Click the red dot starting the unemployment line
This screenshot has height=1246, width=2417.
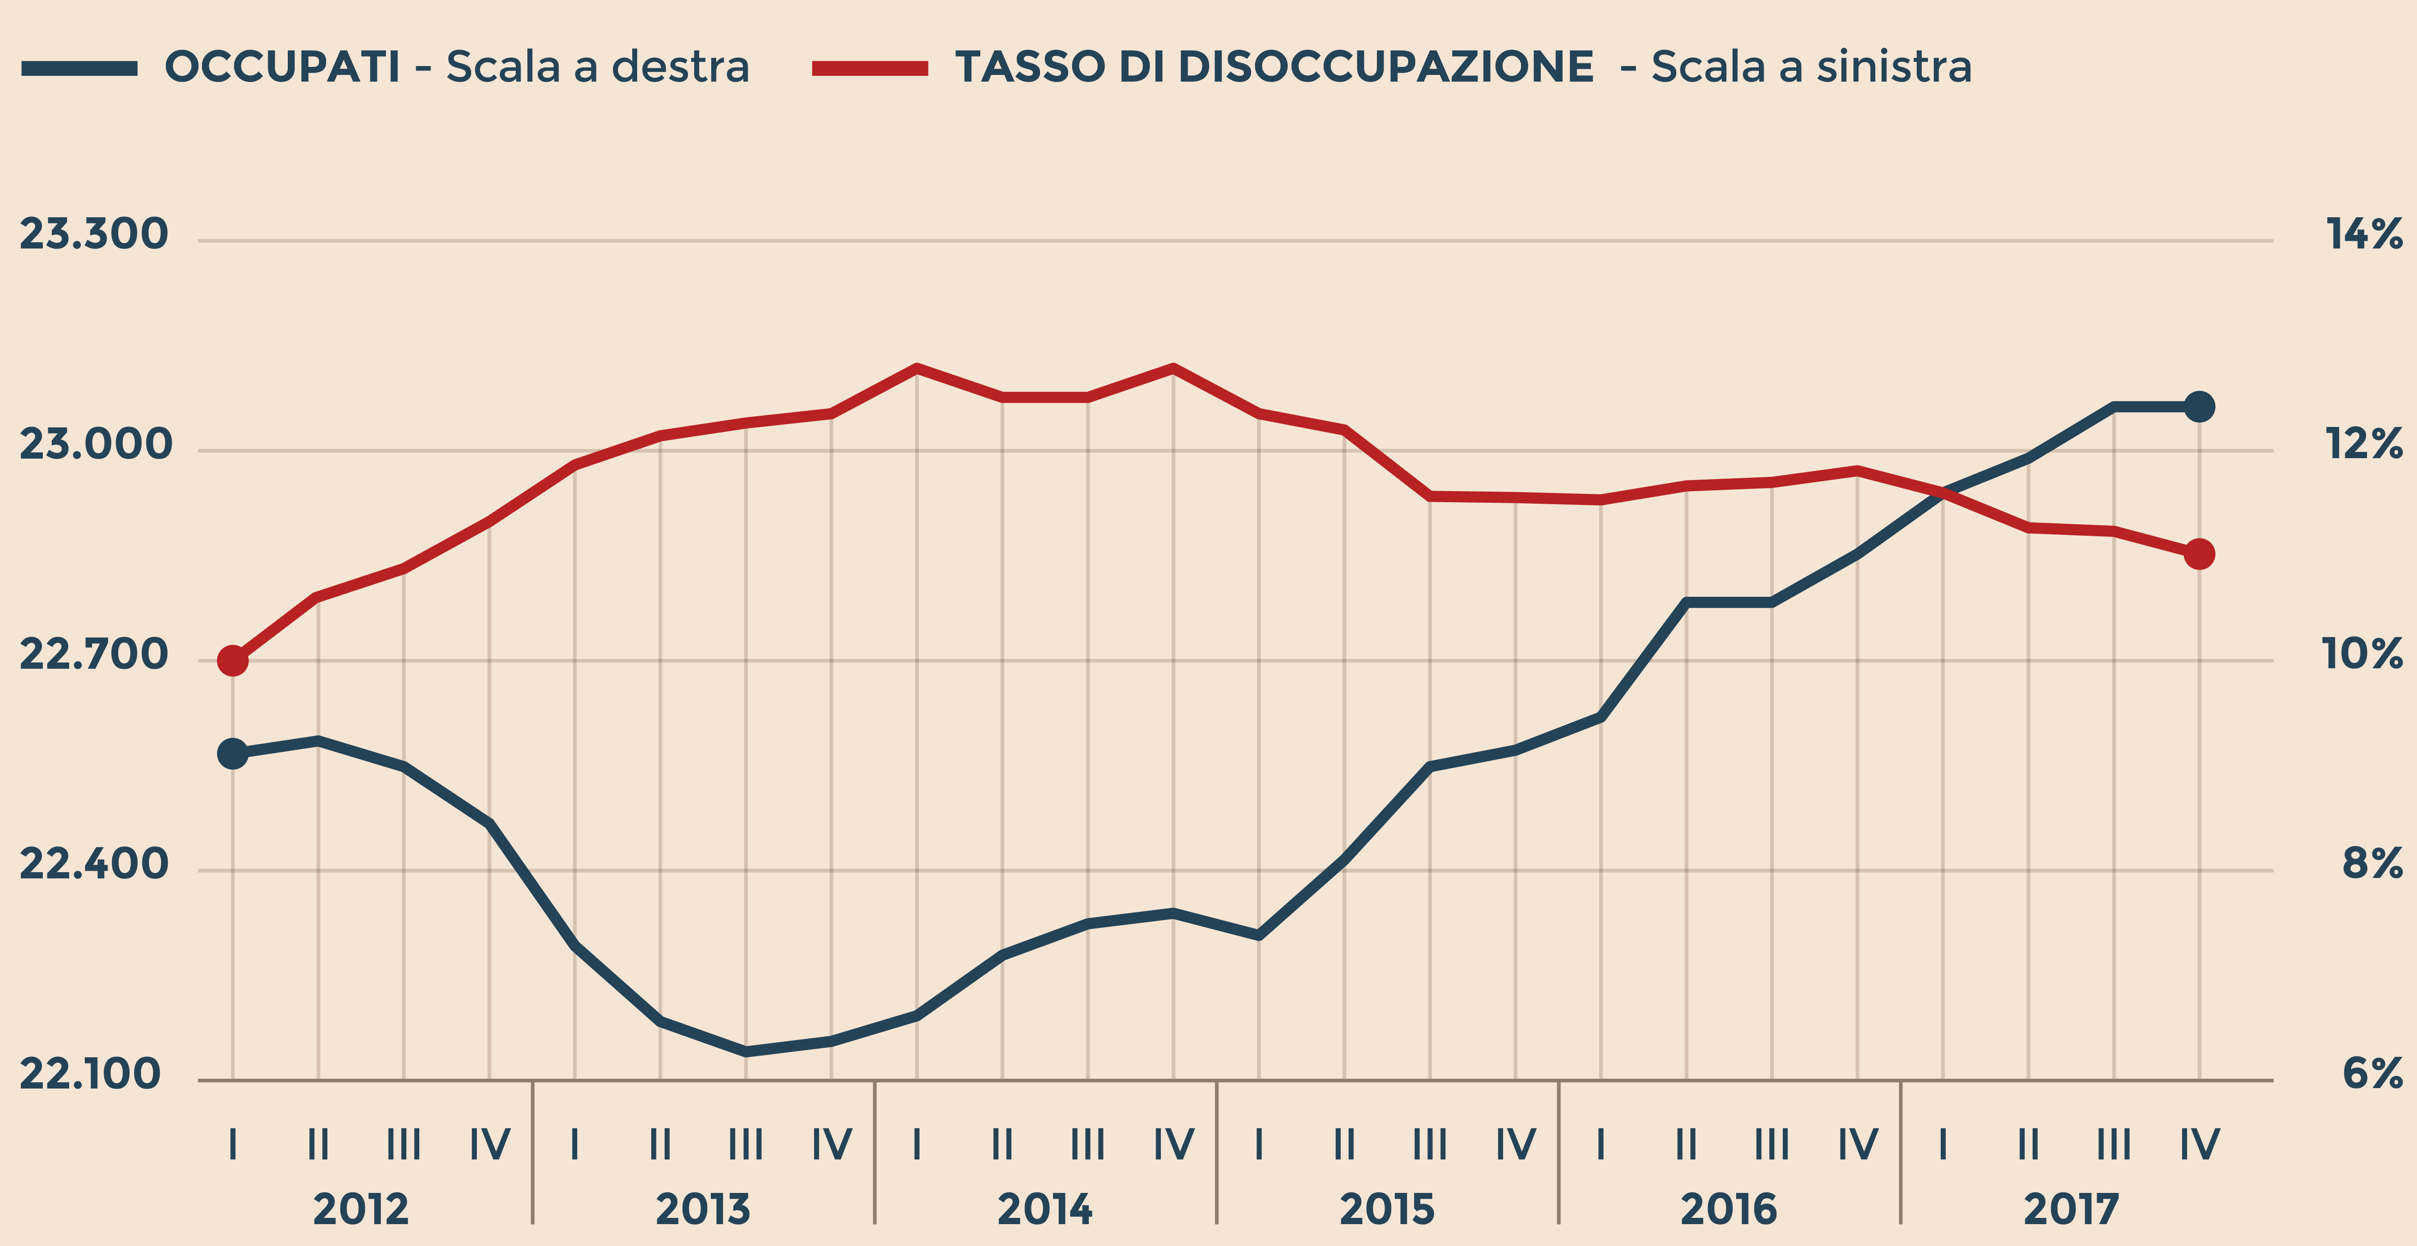pyautogui.click(x=233, y=661)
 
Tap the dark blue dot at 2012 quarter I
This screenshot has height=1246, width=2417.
pyautogui.click(x=233, y=753)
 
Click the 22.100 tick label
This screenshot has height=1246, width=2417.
pyautogui.click(x=90, y=1074)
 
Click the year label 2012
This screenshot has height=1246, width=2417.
pyautogui.click(x=361, y=1209)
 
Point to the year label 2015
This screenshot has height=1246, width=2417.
pyautogui.click(x=1387, y=1209)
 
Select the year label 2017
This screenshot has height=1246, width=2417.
pyautogui.click(x=2071, y=1209)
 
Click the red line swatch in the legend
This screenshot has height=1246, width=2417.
pyautogui.click(x=870, y=67)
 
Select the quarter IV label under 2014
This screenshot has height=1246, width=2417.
pyautogui.click(x=1173, y=1145)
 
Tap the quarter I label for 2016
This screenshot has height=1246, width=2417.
pyautogui.click(x=1601, y=1145)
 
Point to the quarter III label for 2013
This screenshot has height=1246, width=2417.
pyautogui.click(x=746, y=1145)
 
